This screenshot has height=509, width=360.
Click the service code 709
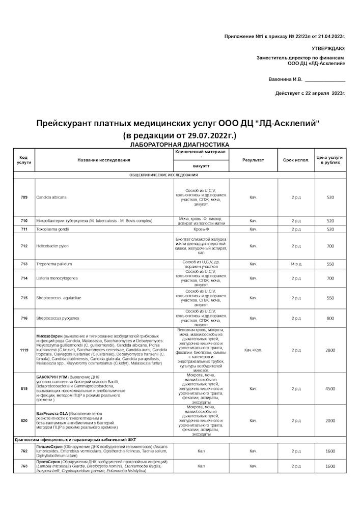24,197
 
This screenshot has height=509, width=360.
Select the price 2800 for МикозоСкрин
330,350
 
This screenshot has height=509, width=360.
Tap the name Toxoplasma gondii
52,229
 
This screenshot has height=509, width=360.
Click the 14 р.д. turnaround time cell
296,264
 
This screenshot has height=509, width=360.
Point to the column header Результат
253,160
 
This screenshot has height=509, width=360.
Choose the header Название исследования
104,160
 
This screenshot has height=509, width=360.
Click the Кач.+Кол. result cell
253,350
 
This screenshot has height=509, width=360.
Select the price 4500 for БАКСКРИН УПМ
330,389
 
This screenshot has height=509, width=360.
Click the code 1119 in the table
24,350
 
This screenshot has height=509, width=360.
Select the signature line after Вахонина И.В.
325,79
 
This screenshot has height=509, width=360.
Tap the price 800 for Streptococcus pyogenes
330,318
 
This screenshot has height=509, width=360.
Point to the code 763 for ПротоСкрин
24,466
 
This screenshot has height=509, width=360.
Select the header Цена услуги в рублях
330,160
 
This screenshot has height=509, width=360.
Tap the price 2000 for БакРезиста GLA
330,420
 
